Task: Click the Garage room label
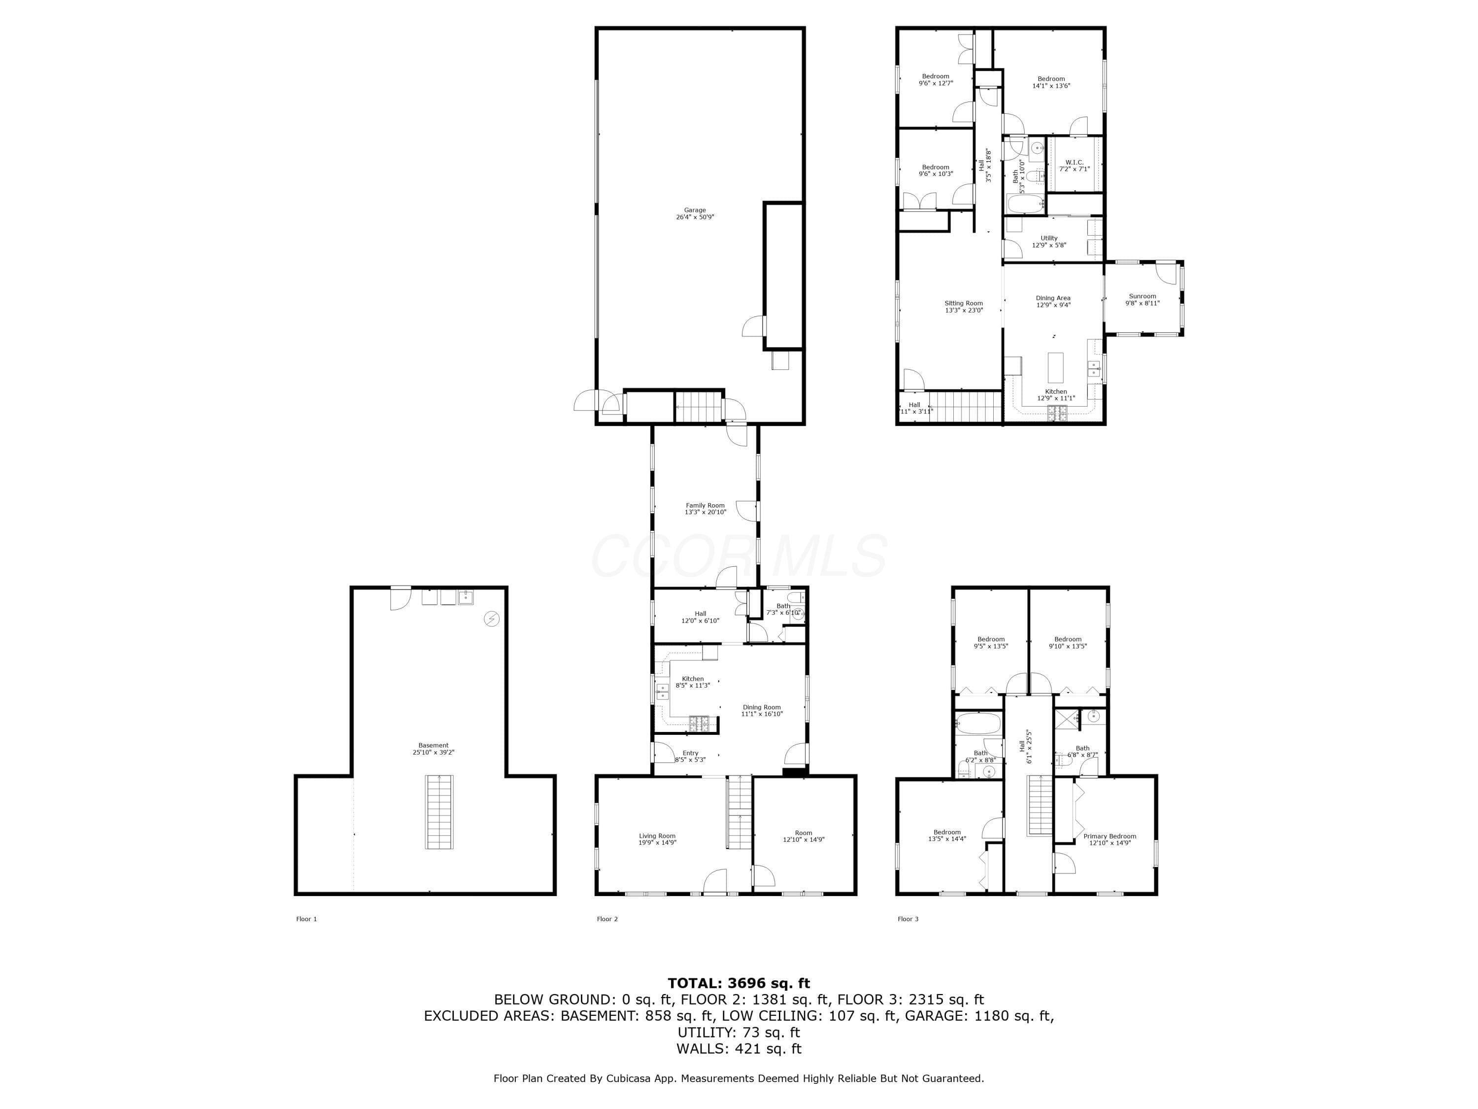695,210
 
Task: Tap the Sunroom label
1142,296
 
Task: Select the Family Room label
705,505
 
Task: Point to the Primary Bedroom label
1110,836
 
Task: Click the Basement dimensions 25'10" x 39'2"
434,752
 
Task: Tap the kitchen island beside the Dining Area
1056,366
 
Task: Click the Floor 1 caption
307,919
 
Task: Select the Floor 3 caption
908,919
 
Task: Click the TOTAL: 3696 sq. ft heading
739,983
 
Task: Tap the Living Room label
657,835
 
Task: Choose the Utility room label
1049,238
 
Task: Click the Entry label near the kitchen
690,753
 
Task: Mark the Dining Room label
762,707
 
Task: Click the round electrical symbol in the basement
492,619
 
